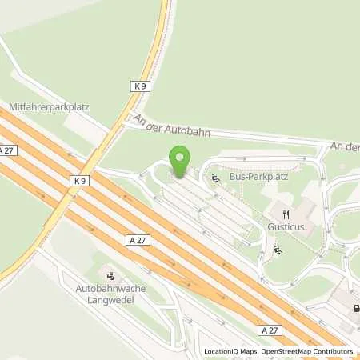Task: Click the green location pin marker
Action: pos(179,162)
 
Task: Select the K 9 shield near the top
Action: pos(141,85)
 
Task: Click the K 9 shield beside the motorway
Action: pos(79,181)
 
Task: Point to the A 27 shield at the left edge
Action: pos(7,150)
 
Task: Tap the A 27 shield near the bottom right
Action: pos(270,330)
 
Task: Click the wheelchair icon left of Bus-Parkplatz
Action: pos(215,177)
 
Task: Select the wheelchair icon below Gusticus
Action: pos(277,250)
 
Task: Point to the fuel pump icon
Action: pos(355,308)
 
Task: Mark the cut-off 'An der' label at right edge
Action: pos(346,146)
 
